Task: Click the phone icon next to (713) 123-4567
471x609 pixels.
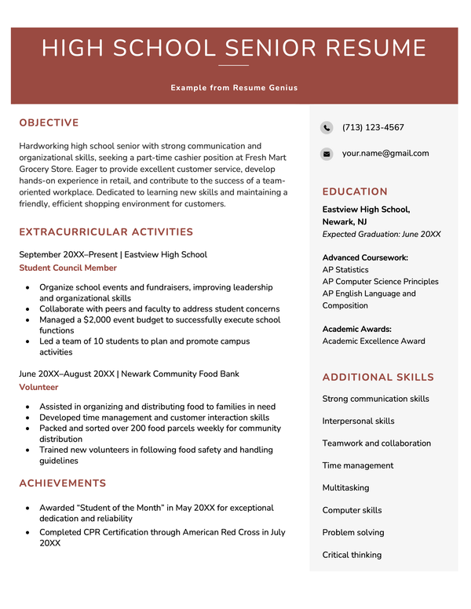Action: point(327,128)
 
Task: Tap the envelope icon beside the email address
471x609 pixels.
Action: point(327,155)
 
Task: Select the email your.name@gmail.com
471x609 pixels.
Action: point(385,154)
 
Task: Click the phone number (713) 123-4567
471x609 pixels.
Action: point(373,128)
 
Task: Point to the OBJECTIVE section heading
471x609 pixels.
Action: point(49,123)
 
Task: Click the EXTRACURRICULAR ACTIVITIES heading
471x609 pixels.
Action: point(106,232)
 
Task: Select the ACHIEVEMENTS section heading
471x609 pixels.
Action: point(63,483)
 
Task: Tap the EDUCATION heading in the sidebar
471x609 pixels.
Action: point(355,191)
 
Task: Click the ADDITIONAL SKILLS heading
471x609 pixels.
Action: point(378,377)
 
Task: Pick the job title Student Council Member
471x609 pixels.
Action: point(68,268)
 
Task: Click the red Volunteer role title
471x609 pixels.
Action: point(38,388)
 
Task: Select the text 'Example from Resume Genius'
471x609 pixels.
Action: point(234,88)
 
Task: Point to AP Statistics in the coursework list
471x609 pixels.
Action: point(345,270)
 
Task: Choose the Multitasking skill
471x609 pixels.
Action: point(345,488)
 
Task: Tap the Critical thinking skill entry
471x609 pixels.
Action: point(352,555)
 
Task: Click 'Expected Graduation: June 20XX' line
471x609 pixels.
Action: point(382,235)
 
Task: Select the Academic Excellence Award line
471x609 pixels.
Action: point(374,341)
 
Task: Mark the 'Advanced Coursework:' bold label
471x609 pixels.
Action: point(365,257)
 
